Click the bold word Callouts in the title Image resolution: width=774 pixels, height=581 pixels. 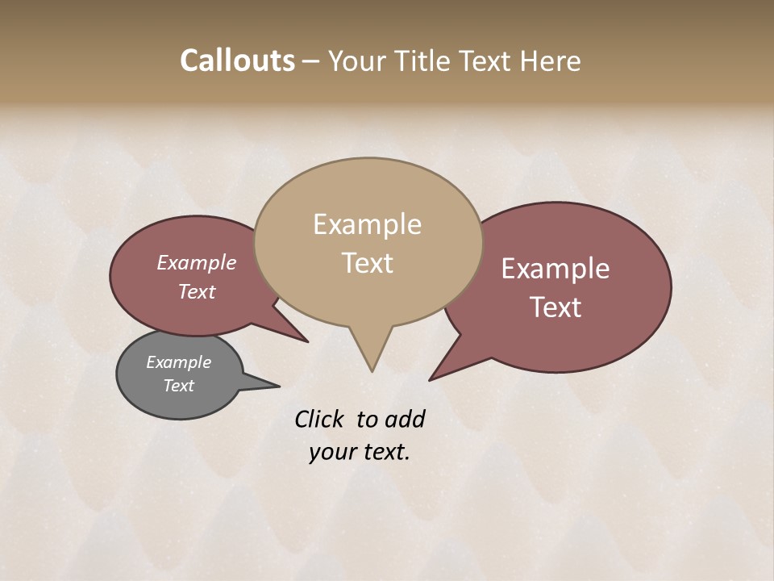237,61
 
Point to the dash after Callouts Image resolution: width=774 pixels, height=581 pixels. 311,61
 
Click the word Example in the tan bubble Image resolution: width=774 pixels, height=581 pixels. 367,224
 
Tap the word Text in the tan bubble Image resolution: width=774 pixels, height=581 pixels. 367,263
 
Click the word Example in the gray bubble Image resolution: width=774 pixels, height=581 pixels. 178,362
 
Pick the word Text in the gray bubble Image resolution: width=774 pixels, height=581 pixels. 178,386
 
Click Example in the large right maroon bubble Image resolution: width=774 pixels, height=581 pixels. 555,269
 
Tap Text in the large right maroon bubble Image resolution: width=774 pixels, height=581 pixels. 556,307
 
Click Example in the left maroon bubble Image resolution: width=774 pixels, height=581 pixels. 196,262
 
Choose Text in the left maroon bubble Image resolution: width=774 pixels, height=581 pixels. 196,291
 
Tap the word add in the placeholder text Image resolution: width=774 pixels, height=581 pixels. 405,419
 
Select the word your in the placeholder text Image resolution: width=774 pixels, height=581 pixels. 331,452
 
